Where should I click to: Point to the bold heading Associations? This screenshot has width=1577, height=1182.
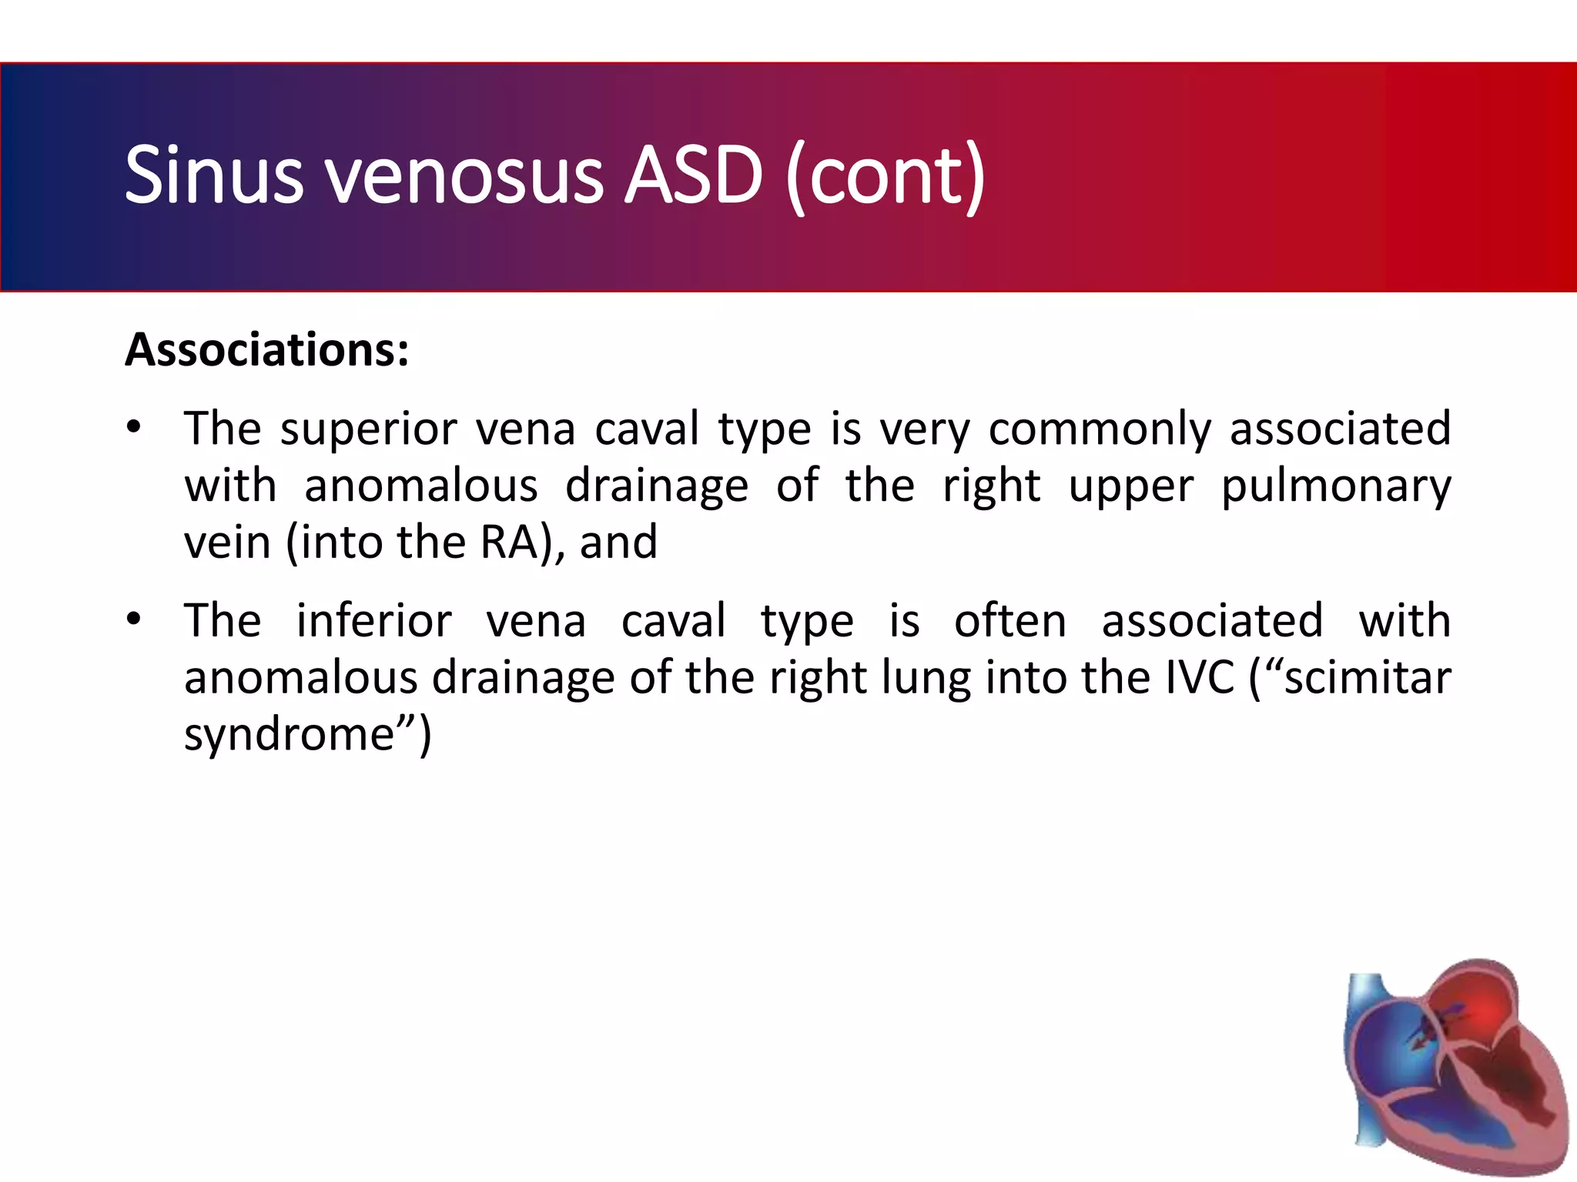click(x=266, y=350)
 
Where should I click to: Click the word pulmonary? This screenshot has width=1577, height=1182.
click(x=1336, y=486)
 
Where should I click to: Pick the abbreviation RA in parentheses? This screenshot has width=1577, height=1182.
click(x=508, y=543)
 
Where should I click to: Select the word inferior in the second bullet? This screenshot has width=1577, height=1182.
click(x=373, y=620)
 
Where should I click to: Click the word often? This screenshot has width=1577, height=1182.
click(x=1009, y=620)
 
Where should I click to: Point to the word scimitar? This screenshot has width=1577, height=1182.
click(x=1367, y=678)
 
